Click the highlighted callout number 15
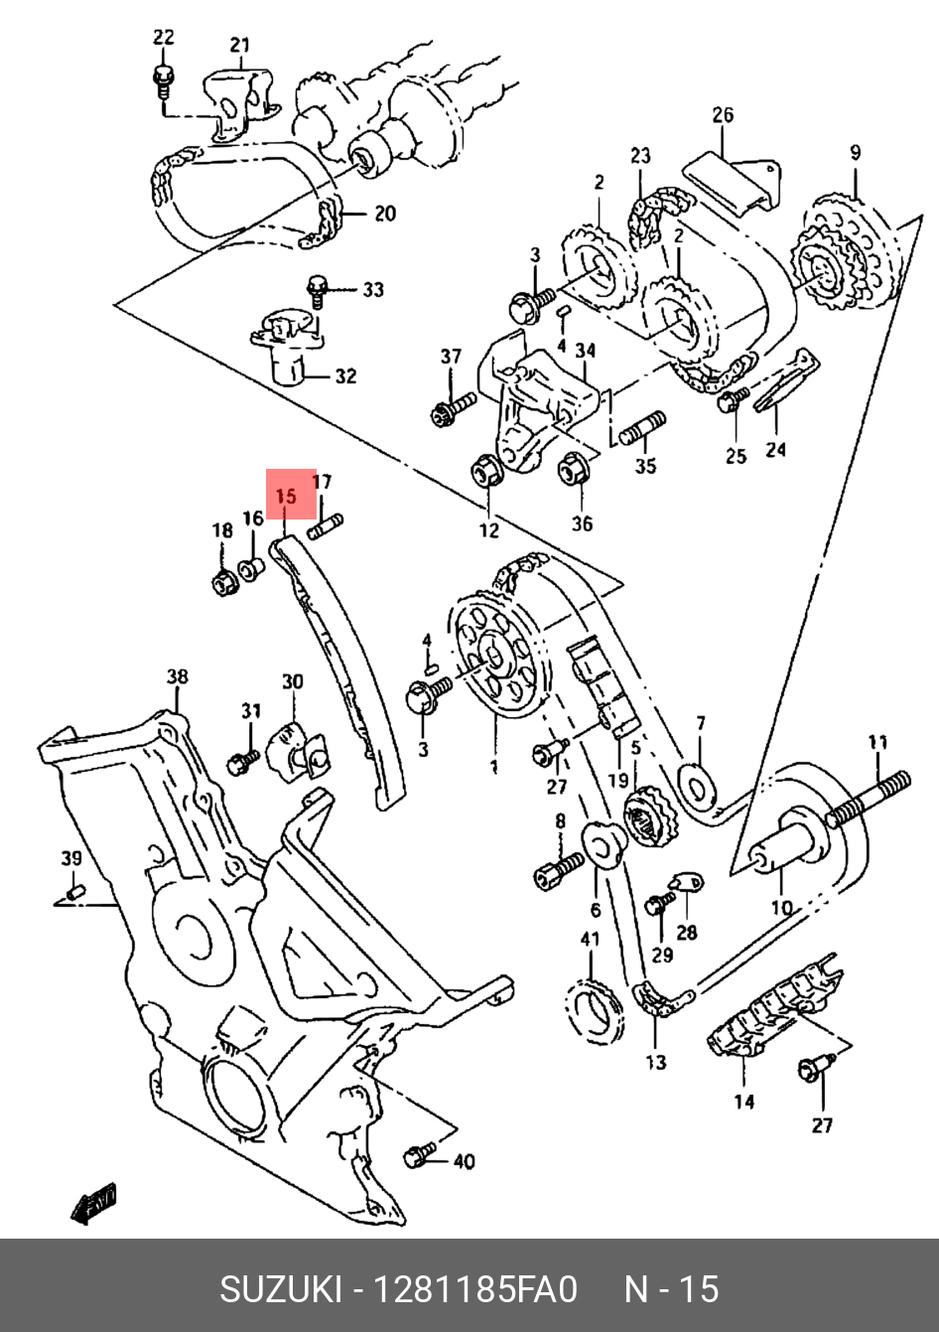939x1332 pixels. tap(286, 495)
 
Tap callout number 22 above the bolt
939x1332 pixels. tap(164, 38)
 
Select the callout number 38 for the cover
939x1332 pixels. tap(177, 677)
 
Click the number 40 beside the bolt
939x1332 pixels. tap(464, 1161)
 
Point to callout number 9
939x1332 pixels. tap(855, 153)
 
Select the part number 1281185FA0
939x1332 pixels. tap(473, 1289)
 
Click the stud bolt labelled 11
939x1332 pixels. tap(870, 799)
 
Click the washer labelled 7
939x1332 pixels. tap(695, 783)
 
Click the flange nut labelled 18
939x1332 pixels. tap(223, 582)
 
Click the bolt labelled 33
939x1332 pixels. tap(319, 290)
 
